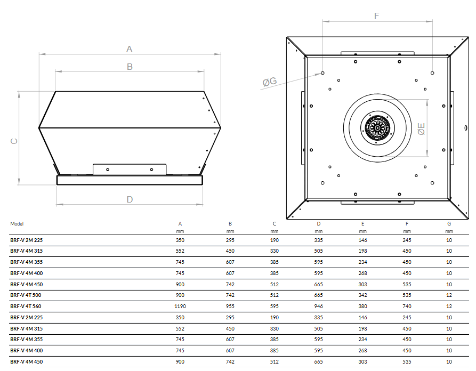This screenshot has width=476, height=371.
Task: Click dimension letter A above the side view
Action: pyautogui.click(x=129, y=49)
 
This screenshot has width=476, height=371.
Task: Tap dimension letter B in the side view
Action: pyautogui.click(x=130, y=67)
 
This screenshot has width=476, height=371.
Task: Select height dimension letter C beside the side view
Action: pyautogui.click(x=14, y=141)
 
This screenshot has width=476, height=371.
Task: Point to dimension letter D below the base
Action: pyautogui.click(x=130, y=199)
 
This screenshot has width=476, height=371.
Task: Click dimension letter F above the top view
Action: pyautogui.click(x=376, y=16)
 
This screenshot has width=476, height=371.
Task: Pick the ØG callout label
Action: pyautogui.click(x=269, y=82)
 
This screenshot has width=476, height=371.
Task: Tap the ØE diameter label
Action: pyautogui.click(x=421, y=128)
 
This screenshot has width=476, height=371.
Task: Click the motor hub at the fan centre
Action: pyautogui.click(x=377, y=128)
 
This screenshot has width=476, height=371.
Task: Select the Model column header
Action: pyautogui.click(x=17, y=224)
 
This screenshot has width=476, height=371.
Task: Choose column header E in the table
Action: pyautogui.click(x=362, y=224)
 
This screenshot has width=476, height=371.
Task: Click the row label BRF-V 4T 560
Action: pyautogui.click(x=26, y=306)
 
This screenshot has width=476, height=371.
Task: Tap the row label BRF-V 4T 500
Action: pyautogui.click(x=26, y=295)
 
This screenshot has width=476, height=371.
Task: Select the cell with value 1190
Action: pyautogui.click(x=180, y=306)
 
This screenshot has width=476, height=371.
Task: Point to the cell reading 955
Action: pyautogui.click(x=230, y=306)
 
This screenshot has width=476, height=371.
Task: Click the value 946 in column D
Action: pyautogui.click(x=318, y=306)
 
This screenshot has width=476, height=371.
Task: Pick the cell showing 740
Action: pyautogui.click(x=407, y=306)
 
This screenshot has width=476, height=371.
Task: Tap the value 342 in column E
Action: pyautogui.click(x=362, y=295)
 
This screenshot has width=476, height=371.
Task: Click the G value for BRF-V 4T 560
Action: pyautogui.click(x=449, y=306)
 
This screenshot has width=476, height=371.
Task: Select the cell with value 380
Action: pyautogui.click(x=362, y=306)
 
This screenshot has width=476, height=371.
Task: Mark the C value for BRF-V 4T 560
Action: pyautogui.click(x=274, y=306)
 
